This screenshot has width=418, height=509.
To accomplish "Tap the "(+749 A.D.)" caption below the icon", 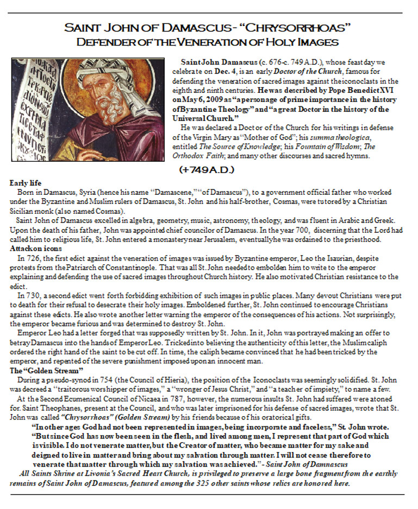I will tap(207, 170).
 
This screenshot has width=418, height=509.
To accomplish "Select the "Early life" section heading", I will tap(26, 183).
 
